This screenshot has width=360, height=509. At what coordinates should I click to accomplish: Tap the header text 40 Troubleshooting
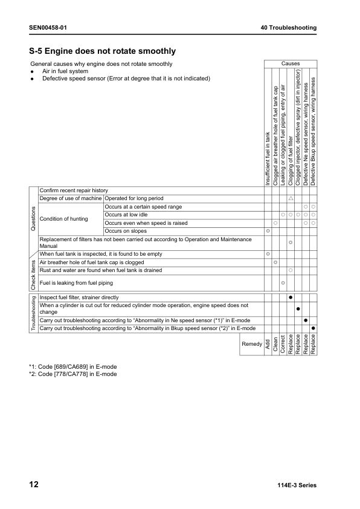288,28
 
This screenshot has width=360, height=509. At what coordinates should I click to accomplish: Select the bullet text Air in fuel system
65,71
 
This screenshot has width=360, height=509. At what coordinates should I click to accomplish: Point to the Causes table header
290,63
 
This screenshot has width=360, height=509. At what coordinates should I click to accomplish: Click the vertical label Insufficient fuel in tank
268,158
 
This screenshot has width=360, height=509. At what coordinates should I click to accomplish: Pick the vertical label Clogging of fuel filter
291,160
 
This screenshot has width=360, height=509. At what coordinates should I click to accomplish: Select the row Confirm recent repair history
74,190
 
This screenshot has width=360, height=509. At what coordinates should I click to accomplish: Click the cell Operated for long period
133,198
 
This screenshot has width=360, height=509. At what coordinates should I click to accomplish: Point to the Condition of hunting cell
63,218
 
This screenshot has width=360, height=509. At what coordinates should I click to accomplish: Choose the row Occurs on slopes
126,231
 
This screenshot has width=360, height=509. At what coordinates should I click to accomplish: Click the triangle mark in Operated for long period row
291,198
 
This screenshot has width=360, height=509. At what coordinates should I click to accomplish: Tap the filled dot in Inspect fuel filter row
291,297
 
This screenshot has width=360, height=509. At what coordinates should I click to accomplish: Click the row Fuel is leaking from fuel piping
76,282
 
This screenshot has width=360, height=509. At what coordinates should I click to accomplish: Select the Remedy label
252,344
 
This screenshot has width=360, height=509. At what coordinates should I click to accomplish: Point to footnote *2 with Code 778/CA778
72,374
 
